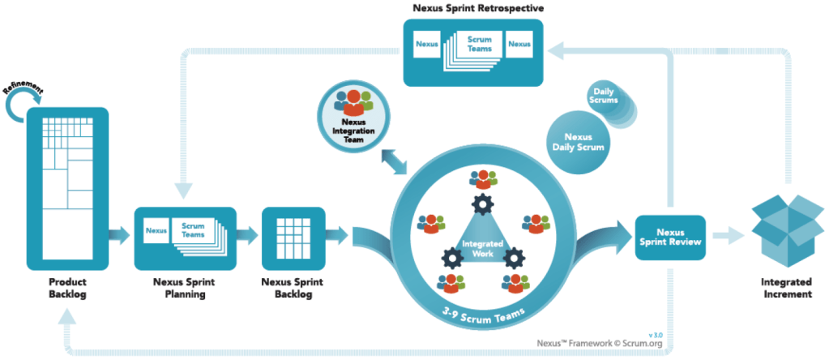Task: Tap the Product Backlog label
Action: (66, 287)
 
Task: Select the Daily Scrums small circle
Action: (600, 96)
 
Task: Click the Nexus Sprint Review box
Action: (669, 237)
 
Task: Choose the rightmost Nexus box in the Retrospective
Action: (519, 42)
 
